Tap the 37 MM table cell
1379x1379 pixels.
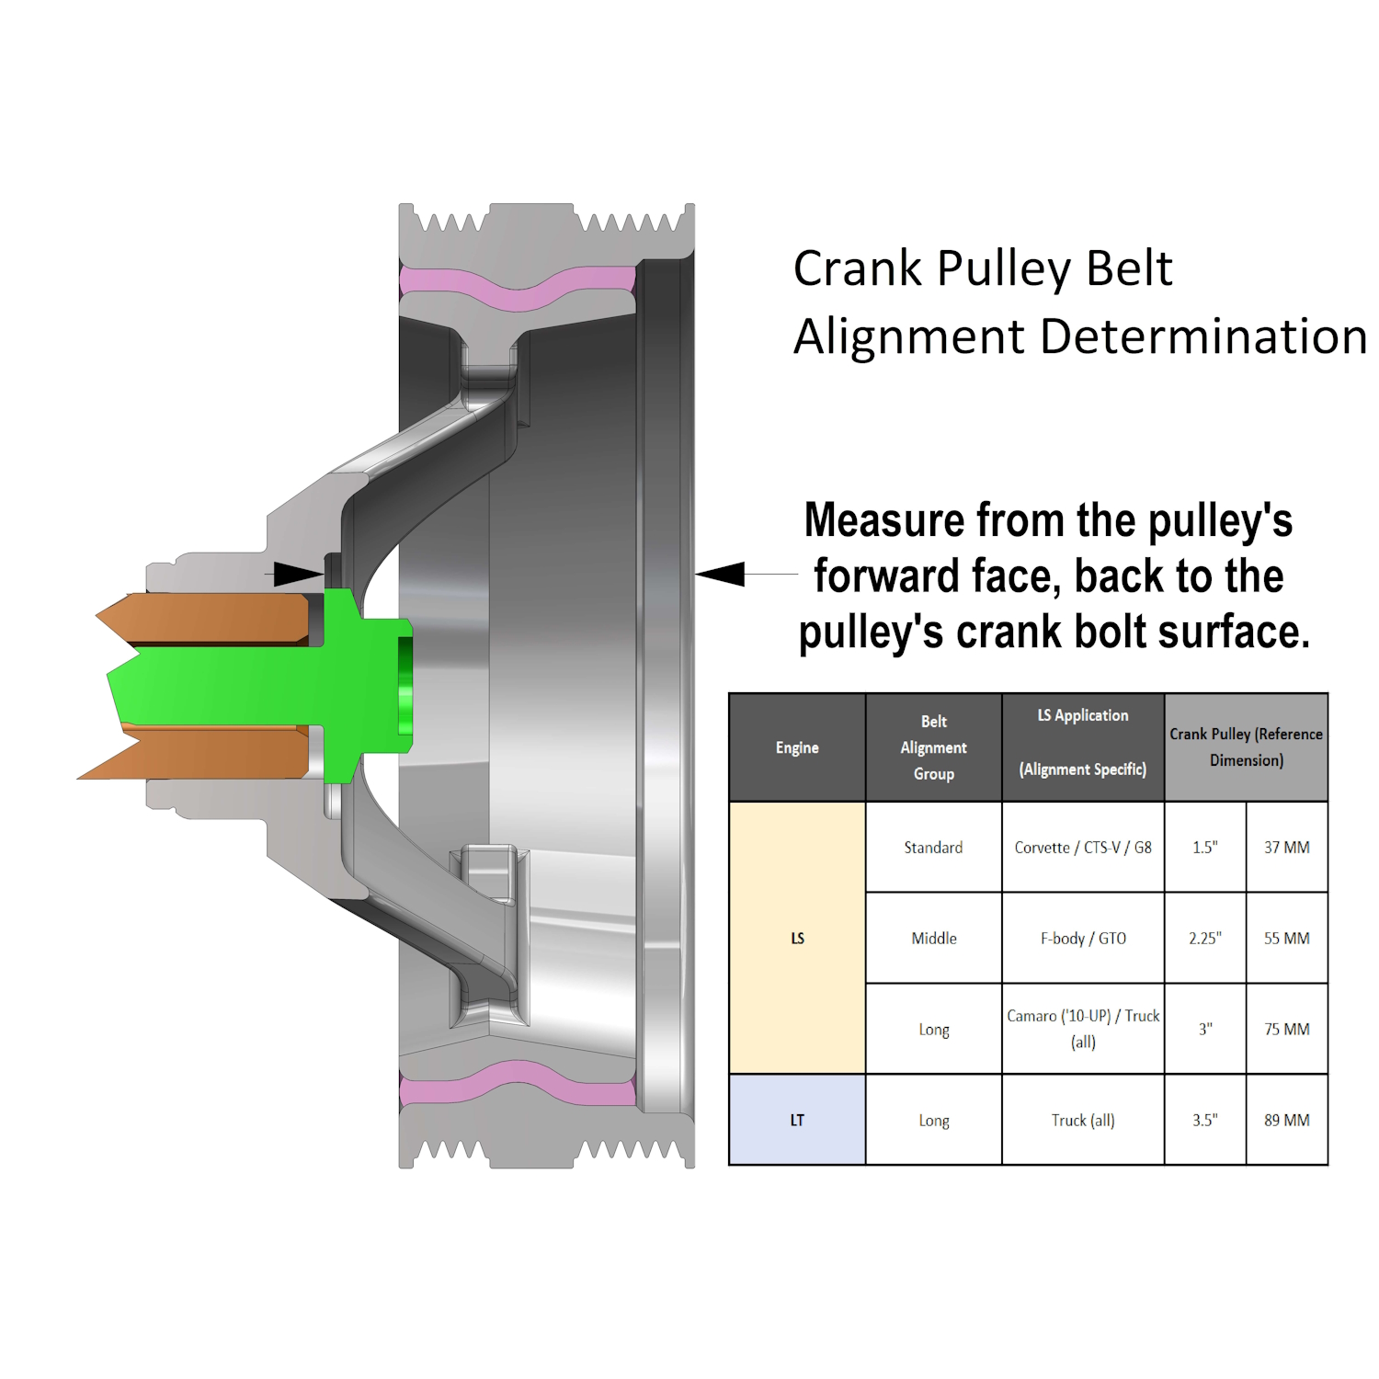[x=1286, y=847]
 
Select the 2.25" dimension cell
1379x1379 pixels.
[x=1204, y=938]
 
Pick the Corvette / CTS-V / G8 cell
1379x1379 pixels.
[x=1082, y=847]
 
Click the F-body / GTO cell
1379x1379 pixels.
[x=1082, y=938]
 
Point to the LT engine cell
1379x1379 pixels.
[x=797, y=1120]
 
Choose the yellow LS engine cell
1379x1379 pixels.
[x=797, y=938]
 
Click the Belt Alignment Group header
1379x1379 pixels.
[x=933, y=747]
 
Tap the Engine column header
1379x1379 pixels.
[x=797, y=747]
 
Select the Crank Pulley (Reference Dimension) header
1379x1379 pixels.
[x=1246, y=747]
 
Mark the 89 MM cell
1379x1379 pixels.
[x=1286, y=1120]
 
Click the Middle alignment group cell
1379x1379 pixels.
[x=933, y=938]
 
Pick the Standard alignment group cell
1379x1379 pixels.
[x=933, y=847]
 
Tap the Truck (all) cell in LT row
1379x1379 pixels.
[x=1082, y=1120]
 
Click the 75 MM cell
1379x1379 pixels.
[x=1286, y=1029]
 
